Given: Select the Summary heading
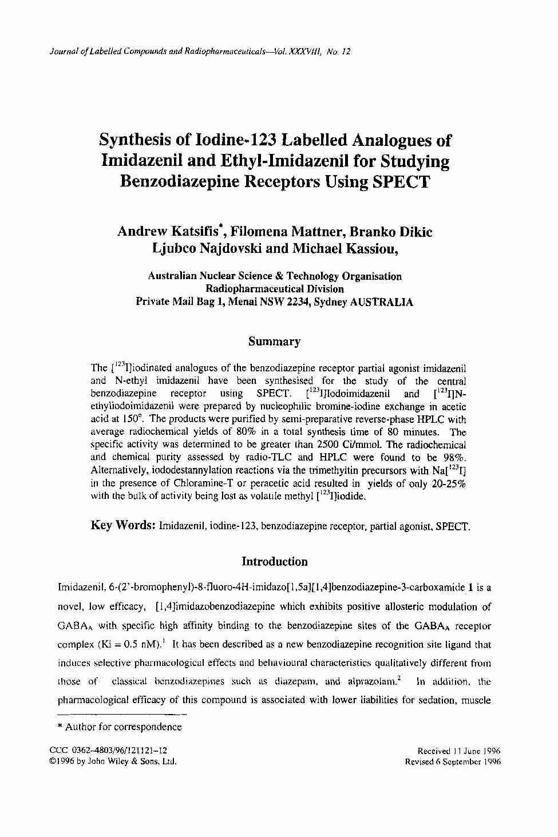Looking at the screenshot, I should (274, 342).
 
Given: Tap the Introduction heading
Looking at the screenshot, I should (275, 561).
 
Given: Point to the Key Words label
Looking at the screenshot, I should (124, 525).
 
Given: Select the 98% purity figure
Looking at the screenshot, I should (454, 457).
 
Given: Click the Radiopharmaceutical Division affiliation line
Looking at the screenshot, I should (274, 289).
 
